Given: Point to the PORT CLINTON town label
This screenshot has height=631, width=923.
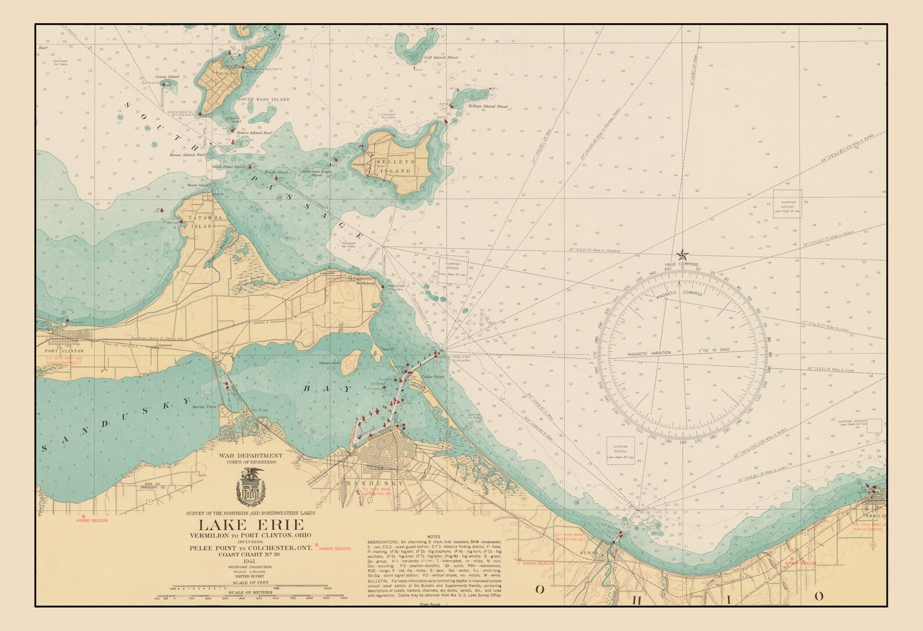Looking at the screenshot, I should click(x=65, y=351).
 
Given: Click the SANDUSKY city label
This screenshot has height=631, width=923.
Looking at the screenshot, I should click(x=382, y=483).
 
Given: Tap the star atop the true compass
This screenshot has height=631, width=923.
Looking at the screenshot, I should click(x=682, y=254).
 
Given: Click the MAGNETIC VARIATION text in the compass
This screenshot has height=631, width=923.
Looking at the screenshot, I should click(x=649, y=353).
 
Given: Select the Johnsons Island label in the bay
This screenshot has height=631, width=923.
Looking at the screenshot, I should click(x=329, y=363).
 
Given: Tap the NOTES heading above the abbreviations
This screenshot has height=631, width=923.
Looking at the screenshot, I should click(x=434, y=536).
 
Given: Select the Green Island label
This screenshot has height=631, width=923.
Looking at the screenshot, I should click(x=167, y=77).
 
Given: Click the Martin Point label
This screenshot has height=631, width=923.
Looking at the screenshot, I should click(x=205, y=407).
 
